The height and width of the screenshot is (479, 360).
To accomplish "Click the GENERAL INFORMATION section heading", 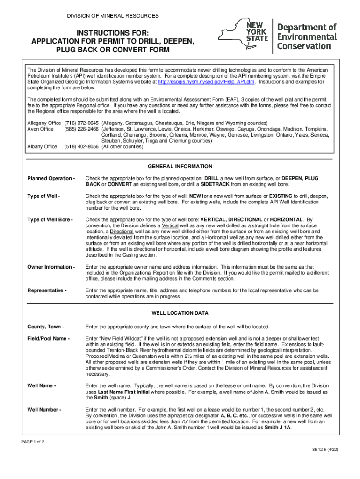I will (180, 167).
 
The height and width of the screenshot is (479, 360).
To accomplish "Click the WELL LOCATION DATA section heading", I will (180, 313).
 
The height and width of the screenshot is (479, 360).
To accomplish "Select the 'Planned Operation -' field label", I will (51, 179).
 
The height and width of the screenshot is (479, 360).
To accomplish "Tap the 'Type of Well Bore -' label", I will (50, 220).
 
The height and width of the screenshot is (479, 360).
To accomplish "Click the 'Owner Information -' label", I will (51, 267).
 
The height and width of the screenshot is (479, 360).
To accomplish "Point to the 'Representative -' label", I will (47, 290).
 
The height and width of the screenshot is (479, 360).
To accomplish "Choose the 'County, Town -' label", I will (45, 327).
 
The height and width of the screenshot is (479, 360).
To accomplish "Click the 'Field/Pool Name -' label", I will (49, 338).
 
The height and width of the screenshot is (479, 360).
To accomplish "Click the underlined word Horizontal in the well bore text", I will (216, 238).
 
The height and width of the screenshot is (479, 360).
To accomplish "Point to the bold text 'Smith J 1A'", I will (278, 428).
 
